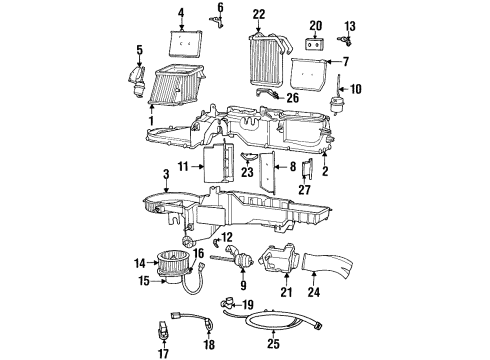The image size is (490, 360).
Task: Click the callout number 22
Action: [x=259, y=13]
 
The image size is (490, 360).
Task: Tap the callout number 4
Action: [x=181, y=13]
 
